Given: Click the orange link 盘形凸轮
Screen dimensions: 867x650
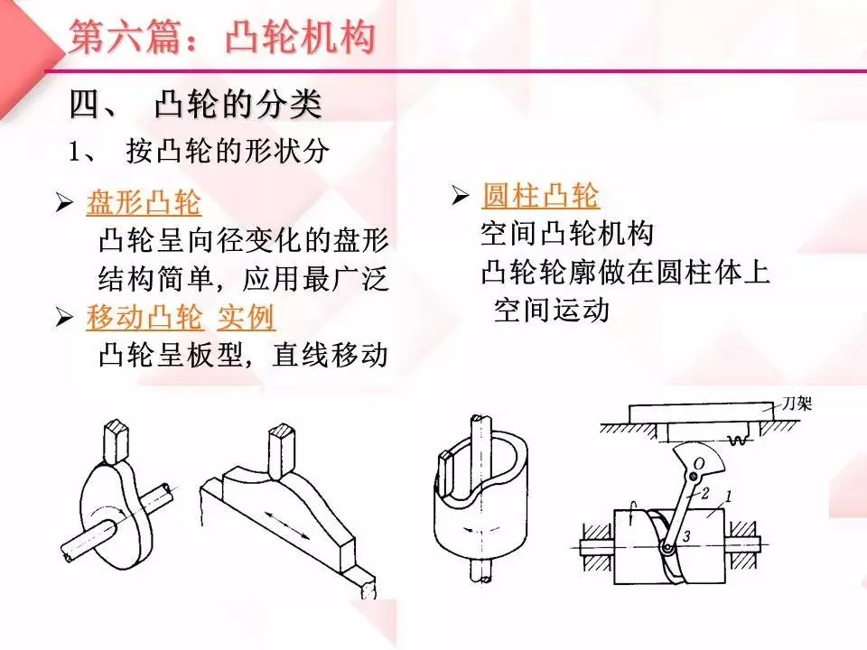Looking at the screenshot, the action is click(144, 203).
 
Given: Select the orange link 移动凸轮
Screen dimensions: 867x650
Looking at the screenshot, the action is click(144, 317).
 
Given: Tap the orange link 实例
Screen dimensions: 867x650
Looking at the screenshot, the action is click(247, 317).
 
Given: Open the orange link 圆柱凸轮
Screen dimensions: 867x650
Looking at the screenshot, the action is click(540, 195).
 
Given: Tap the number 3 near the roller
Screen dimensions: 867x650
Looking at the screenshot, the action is click(688, 537).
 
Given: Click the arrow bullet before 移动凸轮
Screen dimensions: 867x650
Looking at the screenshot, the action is click(63, 318).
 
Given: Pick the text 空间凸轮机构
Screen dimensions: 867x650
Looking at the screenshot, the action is click(566, 235).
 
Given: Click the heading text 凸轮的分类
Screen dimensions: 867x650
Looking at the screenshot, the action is click(238, 106).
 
